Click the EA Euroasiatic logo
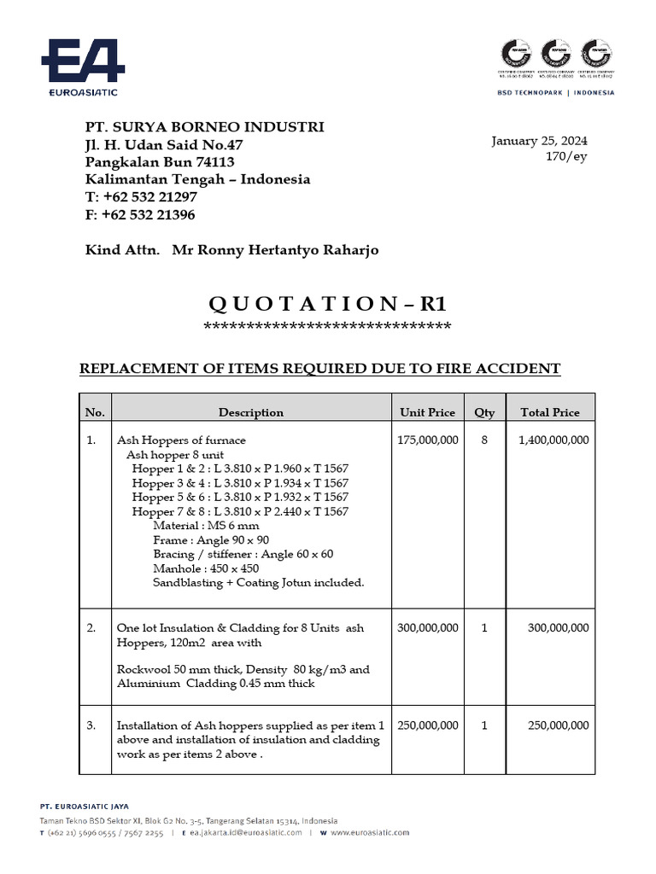click(x=83, y=68)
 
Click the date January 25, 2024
click(x=539, y=141)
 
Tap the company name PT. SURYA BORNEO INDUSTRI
click(x=204, y=127)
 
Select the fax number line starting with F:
click(x=140, y=215)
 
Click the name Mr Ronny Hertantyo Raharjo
click(x=275, y=250)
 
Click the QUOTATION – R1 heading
click(x=328, y=304)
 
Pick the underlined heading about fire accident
click(x=319, y=369)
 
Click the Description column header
click(x=250, y=412)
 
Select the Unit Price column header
click(x=427, y=412)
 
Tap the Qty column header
click(x=484, y=412)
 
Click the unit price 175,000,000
click(x=428, y=440)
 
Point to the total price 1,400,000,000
click(x=553, y=440)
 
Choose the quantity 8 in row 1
click(x=484, y=440)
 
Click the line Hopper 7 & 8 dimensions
click(x=240, y=511)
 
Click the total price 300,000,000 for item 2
click(x=558, y=628)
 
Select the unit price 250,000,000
click(x=428, y=725)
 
